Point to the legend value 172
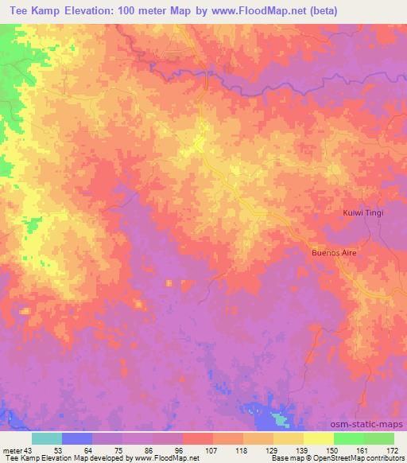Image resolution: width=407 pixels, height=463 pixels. (393, 451)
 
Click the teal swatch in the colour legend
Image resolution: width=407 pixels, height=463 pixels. (47, 438)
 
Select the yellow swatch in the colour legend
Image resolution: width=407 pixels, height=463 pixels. (318, 438)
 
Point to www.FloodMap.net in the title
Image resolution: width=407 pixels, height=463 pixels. (253, 11)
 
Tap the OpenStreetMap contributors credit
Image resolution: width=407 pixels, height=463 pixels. (364, 459)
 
